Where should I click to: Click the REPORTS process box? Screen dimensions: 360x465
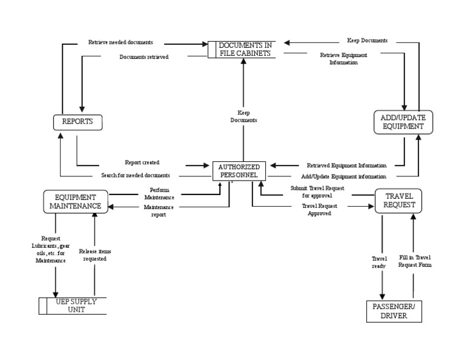point(77,122)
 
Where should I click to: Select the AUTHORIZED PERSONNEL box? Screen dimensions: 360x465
point(239,171)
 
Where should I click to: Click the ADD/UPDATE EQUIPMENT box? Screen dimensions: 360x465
point(403,122)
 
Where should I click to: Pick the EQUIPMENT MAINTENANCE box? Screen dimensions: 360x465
point(76,201)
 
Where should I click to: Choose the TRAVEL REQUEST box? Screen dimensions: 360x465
point(398,201)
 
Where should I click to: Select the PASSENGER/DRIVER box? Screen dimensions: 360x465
point(394,312)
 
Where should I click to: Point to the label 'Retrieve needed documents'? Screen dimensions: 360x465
point(120,42)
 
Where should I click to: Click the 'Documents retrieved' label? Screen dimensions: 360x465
point(143,57)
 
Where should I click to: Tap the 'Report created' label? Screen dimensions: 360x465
point(142,162)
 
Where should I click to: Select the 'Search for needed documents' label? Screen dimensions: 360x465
point(135,176)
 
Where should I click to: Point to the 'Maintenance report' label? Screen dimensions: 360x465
point(158,210)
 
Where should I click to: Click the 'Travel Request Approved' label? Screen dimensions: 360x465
point(319,210)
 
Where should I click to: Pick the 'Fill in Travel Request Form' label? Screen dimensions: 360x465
point(415,261)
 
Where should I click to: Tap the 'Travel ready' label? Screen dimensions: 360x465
point(379,265)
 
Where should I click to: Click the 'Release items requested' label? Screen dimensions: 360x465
point(95,255)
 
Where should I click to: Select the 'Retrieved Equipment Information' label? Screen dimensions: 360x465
point(346,165)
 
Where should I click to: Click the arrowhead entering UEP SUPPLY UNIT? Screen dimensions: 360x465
point(55,292)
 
